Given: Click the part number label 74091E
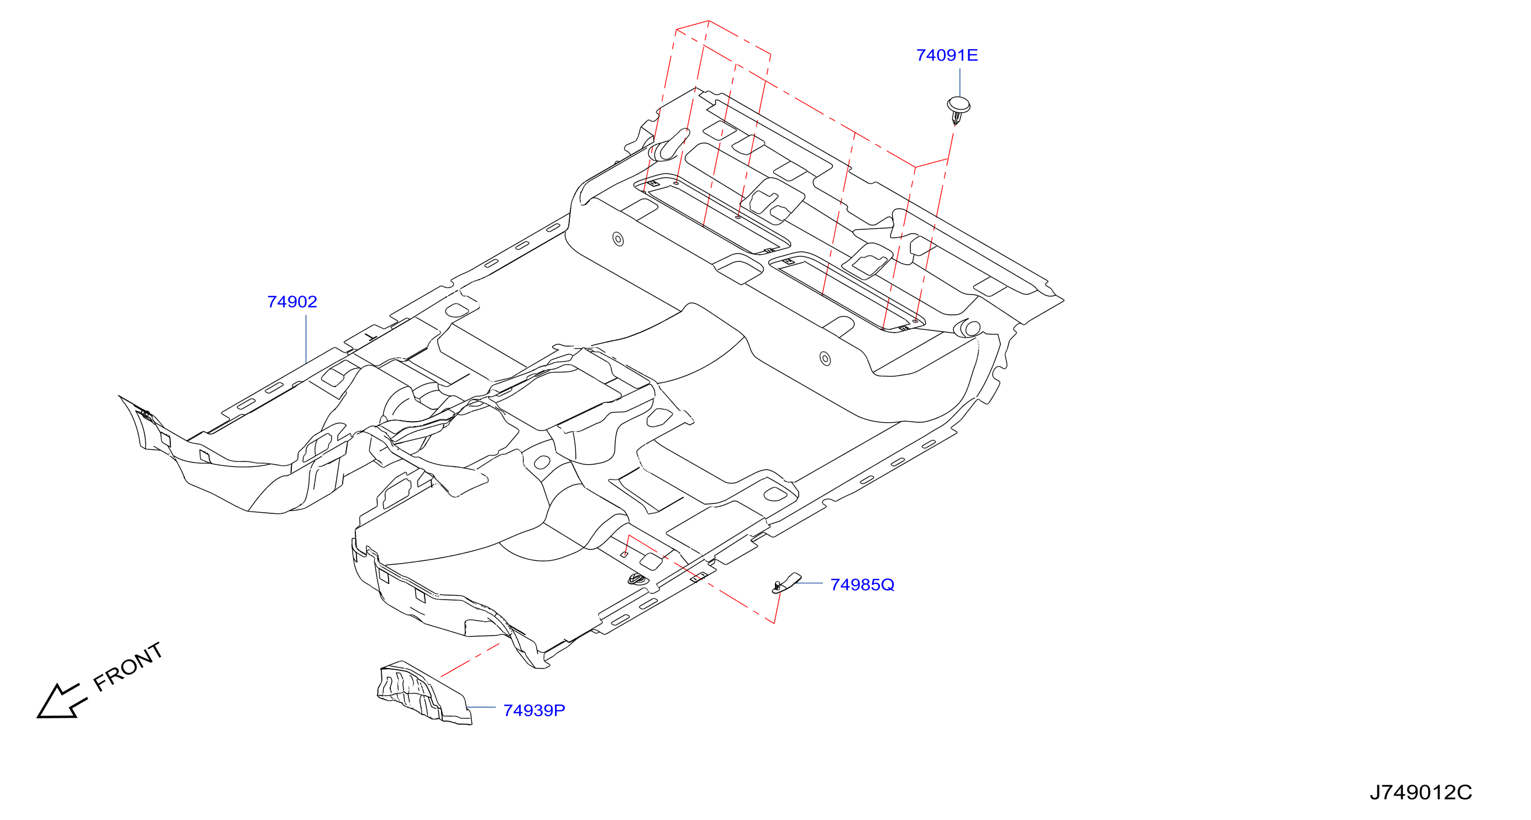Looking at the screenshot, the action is [x=947, y=55].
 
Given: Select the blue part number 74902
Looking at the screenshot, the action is [x=292, y=302].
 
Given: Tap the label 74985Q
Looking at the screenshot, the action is [x=862, y=585].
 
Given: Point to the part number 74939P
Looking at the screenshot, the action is [x=534, y=710].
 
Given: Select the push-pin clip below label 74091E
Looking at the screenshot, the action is [x=958, y=110].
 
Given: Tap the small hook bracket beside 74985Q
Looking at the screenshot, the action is [x=786, y=583].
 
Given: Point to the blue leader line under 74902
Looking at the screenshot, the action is [x=306, y=339].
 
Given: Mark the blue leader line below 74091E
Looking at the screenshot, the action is [x=960, y=82].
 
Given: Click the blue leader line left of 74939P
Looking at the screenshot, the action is [x=481, y=707].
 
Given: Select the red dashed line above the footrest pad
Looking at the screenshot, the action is [x=470, y=660].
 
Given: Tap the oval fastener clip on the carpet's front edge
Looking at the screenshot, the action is [x=636, y=578].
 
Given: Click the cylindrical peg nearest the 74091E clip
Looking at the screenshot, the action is [x=967, y=328].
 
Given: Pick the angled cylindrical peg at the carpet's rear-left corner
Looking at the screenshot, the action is [x=669, y=145].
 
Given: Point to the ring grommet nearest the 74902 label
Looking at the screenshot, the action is [x=618, y=239].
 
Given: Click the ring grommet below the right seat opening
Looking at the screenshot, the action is [x=825, y=358].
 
